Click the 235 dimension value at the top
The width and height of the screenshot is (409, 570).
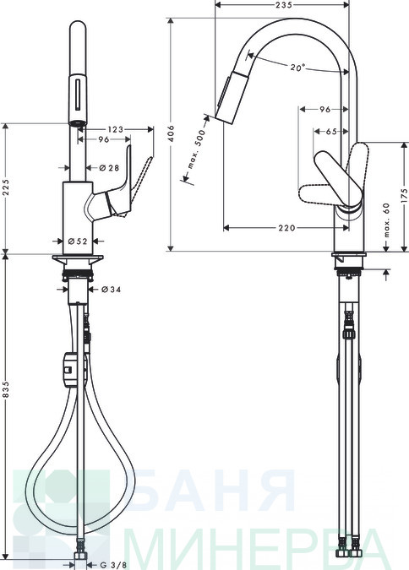click(283, 5)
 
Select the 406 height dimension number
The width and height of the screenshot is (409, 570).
click(172, 133)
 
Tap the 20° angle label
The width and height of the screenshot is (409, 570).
click(297, 68)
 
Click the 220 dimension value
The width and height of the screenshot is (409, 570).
click(287, 228)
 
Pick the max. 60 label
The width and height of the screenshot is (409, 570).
click(386, 220)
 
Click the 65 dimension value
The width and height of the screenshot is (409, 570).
click(331, 132)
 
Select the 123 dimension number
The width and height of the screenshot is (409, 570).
click(116, 129)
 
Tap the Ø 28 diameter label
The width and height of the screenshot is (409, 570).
click(109, 167)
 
